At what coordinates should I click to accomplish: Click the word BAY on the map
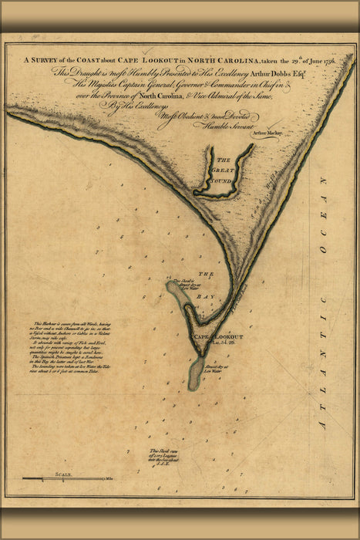point(207,286)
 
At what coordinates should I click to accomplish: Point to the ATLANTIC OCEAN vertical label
point(325,301)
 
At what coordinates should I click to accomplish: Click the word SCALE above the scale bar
point(62,474)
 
